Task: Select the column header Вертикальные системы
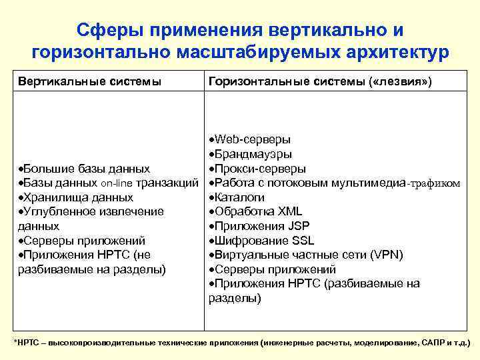pos(89,81)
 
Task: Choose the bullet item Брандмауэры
pos(254,154)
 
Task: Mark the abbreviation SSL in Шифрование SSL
pos(301,241)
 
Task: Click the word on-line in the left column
pos(117,183)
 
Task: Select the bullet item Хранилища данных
pos(79,198)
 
